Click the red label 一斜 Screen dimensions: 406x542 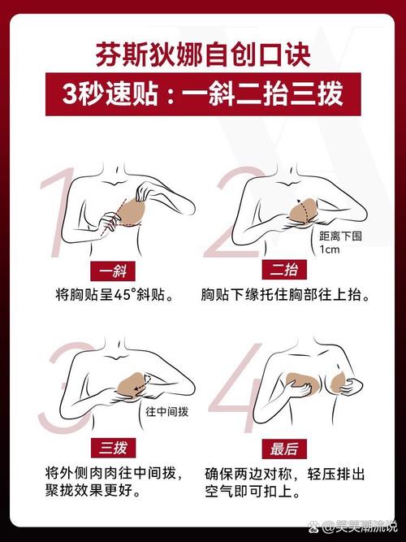pos(113,271)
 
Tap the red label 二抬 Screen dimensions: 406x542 pos(284,270)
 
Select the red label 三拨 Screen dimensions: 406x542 pos(113,448)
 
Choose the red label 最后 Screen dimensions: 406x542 pos(284,449)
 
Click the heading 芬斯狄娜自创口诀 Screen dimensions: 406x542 pos(203,54)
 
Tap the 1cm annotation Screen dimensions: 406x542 pos(330,249)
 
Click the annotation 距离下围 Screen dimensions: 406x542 pos(340,236)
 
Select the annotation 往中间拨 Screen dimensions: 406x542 pos(167,412)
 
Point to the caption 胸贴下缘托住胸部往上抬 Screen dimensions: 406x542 pos(285,295)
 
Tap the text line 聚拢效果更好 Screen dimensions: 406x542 pos(93,490)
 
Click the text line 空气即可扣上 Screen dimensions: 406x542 pos(253,491)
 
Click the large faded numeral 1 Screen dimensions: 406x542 pos(58,211)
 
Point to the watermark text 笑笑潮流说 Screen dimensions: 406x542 pos(360,527)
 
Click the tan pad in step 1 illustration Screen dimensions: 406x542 pos(132,211)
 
